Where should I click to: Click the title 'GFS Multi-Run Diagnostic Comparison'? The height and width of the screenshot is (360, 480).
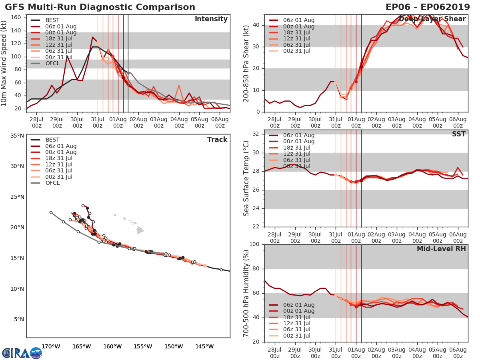100,7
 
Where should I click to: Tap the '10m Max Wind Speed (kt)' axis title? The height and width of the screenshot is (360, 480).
4,60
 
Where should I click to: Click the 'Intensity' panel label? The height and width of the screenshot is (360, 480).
211,19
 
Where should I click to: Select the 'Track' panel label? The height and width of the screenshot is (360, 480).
217,140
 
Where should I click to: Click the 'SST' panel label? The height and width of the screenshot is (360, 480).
459,134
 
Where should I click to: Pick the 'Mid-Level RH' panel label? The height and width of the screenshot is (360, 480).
441,249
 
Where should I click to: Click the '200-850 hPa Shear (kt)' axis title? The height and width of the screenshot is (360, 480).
246,63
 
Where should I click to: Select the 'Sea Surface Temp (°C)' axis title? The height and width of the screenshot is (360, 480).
246,178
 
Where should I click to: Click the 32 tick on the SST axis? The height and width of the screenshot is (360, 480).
256,134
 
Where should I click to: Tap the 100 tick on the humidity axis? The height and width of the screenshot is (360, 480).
254,244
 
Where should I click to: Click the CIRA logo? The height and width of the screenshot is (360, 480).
22,353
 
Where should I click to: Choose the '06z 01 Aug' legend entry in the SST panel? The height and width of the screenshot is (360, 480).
298,136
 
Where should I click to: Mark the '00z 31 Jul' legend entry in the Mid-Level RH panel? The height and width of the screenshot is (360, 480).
298,336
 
